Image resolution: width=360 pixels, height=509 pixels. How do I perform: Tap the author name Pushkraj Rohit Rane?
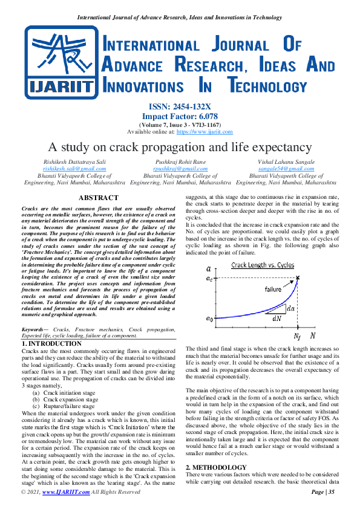pyautogui.click(x=180, y=162)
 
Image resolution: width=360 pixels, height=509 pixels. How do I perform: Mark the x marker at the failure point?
pyautogui.click(x=298, y=278)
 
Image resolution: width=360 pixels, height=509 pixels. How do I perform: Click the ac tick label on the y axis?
pyautogui.click(x=209, y=278)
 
